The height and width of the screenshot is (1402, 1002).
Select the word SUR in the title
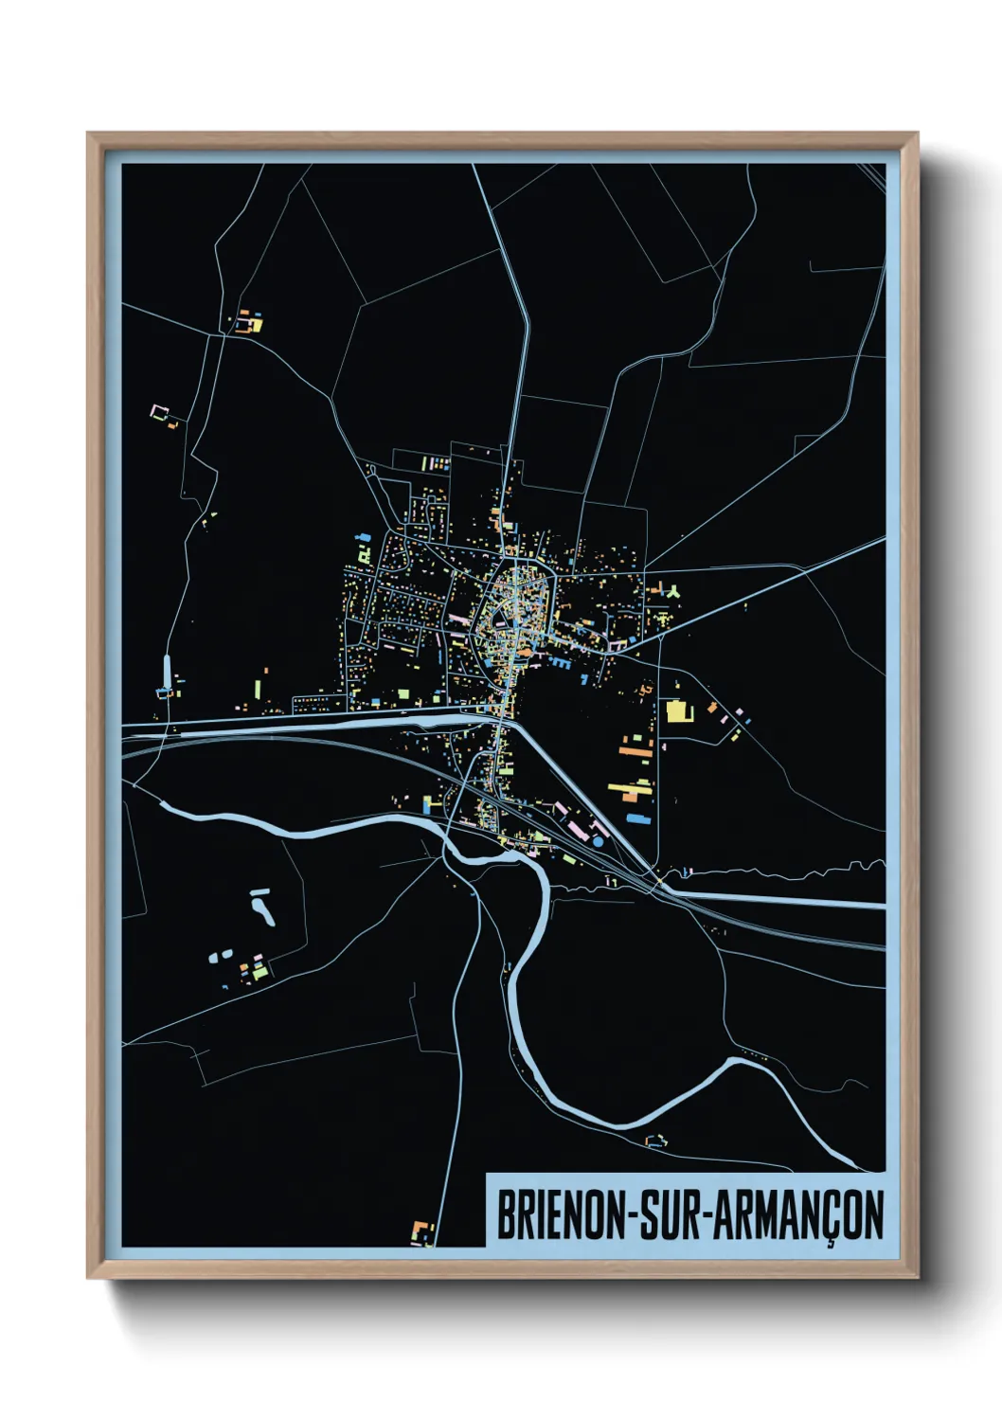[670, 1214]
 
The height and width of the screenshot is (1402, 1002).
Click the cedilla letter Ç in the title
[831, 1216]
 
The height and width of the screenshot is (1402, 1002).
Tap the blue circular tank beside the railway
[598, 840]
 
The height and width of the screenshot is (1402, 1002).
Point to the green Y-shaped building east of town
[673, 592]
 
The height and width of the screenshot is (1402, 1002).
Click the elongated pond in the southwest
[262, 908]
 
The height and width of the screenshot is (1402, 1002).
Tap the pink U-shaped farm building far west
[159, 411]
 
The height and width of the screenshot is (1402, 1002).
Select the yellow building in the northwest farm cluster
[254, 325]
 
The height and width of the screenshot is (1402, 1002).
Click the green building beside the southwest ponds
[259, 970]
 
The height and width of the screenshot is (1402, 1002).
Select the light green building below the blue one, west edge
[361, 551]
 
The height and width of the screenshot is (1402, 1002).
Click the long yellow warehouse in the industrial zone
[629, 787]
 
